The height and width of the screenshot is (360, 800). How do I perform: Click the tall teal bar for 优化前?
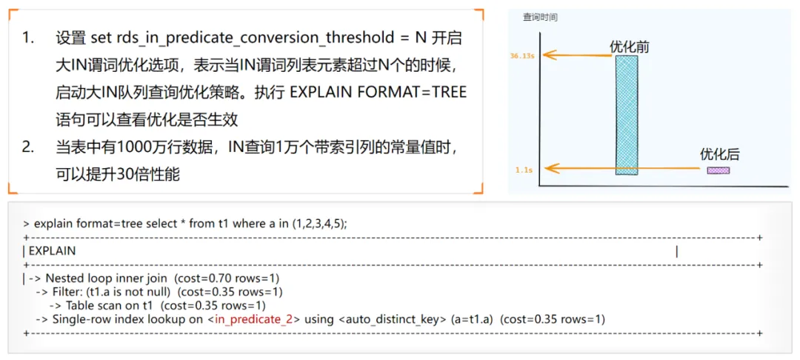pyautogui.click(x=627, y=116)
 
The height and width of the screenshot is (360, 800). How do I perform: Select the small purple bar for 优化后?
pyautogui.click(x=718, y=170)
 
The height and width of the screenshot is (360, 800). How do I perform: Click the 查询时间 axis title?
pyautogui.click(x=540, y=17)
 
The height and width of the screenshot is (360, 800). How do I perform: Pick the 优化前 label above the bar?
pyautogui.click(x=630, y=46)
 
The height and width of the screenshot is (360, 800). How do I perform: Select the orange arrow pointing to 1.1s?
pyautogui.click(x=625, y=167)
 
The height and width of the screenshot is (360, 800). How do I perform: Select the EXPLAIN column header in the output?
pyautogui.click(x=53, y=251)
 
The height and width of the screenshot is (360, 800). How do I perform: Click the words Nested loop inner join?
pyautogui.click(x=107, y=279)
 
